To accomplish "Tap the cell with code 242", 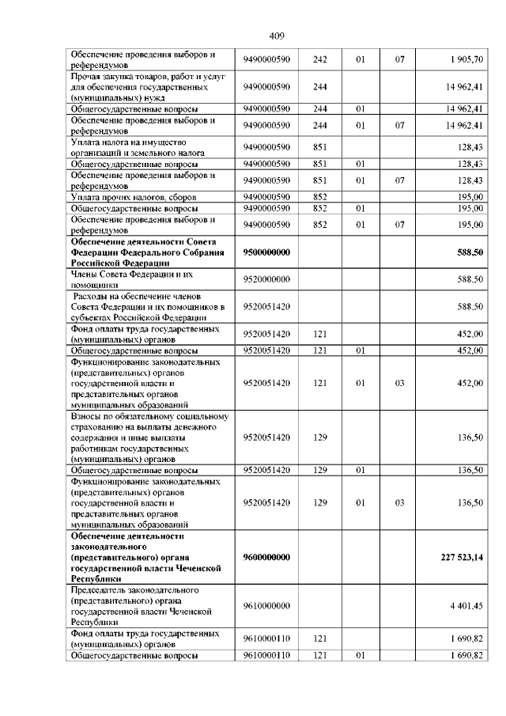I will pyautogui.click(x=320, y=59).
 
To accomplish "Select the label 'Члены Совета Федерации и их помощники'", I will pyautogui.click(x=131, y=278).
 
